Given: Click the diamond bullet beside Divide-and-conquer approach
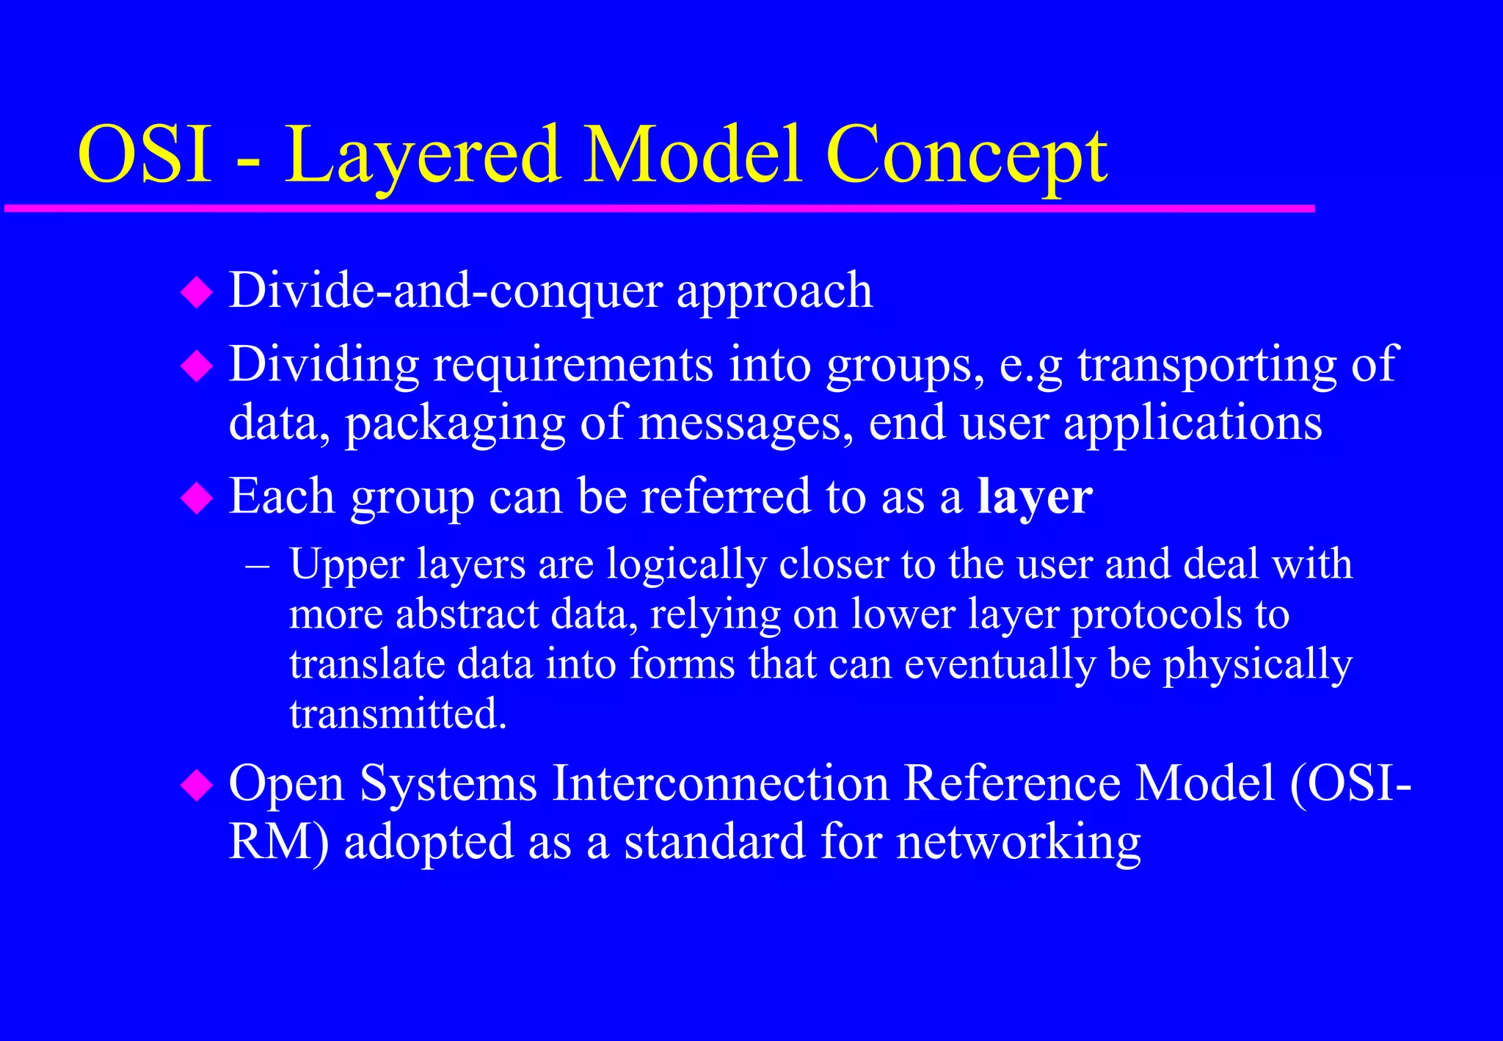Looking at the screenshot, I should [196, 292].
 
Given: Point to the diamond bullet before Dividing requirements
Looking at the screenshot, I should [196, 366].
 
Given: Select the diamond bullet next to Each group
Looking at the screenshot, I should [196, 498].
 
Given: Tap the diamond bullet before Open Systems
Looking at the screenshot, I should [196, 785].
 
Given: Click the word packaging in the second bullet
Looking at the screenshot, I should [455, 425].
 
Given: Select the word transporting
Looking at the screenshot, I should [1207, 365].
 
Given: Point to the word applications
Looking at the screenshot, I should [1193, 425].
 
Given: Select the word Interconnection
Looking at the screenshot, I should [721, 783].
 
